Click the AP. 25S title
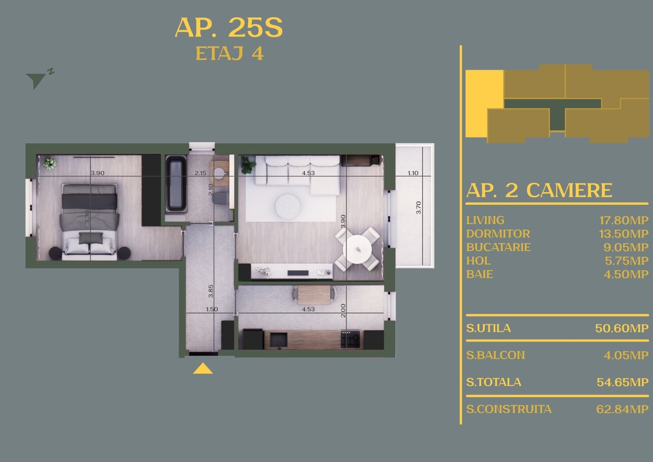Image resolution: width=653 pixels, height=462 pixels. click(229, 27)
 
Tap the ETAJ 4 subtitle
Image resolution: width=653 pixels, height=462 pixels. click(230, 53)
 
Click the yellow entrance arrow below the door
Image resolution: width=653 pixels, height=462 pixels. click(203, 369)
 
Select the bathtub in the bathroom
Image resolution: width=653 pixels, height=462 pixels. click(176, 184)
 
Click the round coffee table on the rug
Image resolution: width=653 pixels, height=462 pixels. click(288, 206)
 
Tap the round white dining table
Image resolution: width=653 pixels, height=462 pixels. click(357, 249)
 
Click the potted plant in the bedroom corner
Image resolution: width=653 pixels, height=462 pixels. click(50, 164)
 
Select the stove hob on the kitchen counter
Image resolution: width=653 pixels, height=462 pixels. click(350, 339)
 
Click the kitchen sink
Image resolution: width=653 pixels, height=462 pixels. click(279, 340)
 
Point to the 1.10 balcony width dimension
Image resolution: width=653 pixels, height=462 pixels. click(413, 173)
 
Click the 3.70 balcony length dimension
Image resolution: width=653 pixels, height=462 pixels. click(418, 208)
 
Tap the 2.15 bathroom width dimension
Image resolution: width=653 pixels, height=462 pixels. click(200, 173)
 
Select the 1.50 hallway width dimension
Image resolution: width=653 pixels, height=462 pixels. click(212, 309)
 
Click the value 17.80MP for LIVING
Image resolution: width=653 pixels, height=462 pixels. click(624, 220)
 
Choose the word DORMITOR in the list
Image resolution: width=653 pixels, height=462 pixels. click(498, 234)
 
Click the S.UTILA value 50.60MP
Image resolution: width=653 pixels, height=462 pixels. click(622, 329)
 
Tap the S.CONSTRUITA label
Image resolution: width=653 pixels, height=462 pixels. click(509, 409)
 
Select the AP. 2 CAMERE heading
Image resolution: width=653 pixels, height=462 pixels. click(539, 190)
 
